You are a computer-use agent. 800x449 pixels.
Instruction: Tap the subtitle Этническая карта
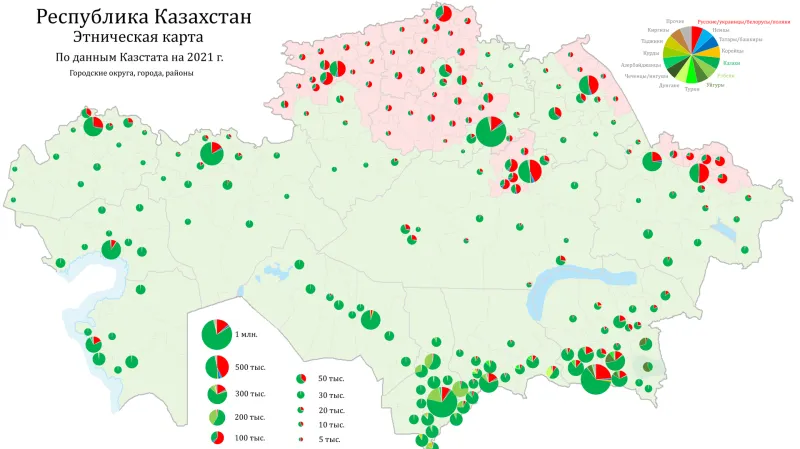tap(145, 38)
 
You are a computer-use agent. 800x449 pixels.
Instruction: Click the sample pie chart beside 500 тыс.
tap(216, 367)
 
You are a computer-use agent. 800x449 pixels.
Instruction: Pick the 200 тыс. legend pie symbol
tap(216, 416)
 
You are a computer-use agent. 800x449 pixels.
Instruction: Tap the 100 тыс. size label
tap(250, 438)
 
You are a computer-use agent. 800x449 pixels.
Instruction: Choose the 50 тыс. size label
tap(330, 379)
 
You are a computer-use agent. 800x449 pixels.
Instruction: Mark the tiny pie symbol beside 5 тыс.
tap(300, 440)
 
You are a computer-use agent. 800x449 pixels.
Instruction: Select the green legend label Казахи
tap(731, 62)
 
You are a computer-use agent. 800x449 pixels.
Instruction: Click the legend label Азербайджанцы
tap(643, 65)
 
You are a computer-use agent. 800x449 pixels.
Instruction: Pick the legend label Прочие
tap(675, 20)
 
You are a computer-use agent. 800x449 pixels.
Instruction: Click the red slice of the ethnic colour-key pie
tap(696, 36)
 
